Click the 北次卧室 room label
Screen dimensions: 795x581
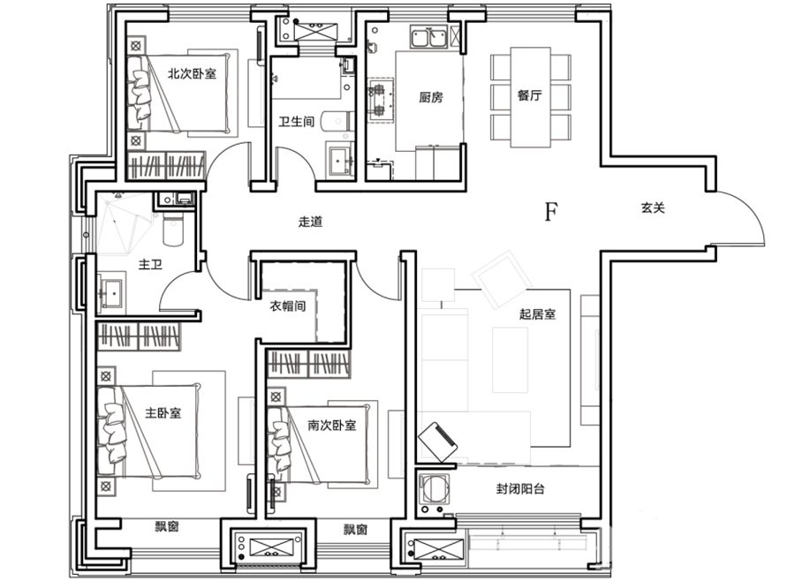click(193, 73)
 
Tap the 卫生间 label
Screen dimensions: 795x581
click(297, 122)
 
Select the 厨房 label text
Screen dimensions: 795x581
click(431, 97)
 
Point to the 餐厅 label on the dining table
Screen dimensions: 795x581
click(530, 95)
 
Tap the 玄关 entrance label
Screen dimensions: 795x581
click(653, 207)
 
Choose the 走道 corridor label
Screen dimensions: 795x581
click(310, 222)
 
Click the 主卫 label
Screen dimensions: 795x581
click(150, 264)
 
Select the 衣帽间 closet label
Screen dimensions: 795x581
click(287, 306)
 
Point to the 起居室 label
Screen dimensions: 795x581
click(537, 314)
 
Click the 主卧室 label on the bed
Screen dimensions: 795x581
click(163, 412)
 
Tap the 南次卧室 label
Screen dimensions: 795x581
click(332, 425)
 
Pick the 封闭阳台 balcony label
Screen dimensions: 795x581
click(520, 489)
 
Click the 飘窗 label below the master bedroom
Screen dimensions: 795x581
click(167, 526)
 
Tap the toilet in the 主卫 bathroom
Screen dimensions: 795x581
click(172, 228)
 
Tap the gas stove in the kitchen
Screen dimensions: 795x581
click(381, 100)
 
